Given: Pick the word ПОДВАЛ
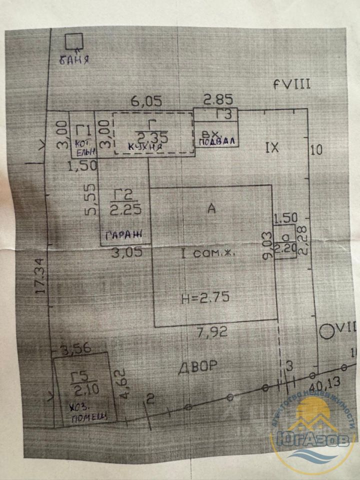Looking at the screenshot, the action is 216,140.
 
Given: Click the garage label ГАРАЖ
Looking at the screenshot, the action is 123,233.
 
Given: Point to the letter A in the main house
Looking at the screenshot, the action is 211,209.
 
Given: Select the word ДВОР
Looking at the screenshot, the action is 197,366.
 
